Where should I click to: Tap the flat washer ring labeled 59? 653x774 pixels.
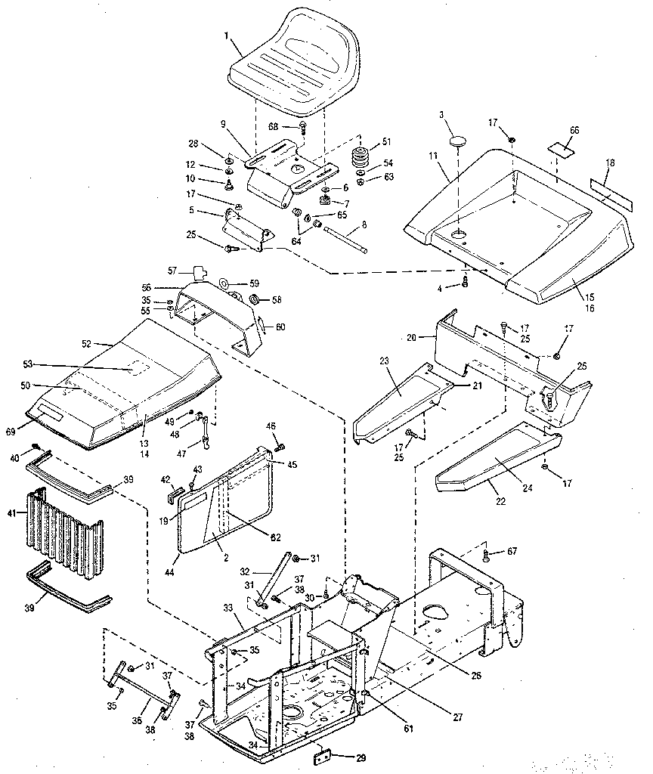coord(226,284)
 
